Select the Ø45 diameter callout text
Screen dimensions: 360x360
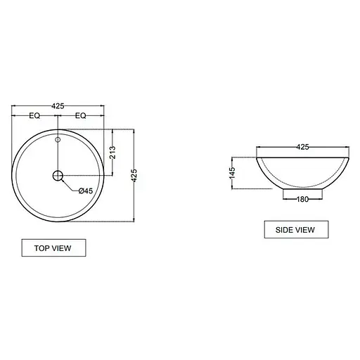tap(86, 191)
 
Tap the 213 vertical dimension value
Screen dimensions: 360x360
tap(112, 153)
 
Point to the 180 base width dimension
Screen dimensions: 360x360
tap(302, 199)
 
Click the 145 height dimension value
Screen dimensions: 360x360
tap(232, 173)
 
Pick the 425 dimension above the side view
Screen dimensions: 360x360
tap(302, 147)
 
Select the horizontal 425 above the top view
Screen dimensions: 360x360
tap(58, 106)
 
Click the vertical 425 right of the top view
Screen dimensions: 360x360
tap(134, 176)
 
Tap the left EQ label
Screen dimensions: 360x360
tap(34, 115)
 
